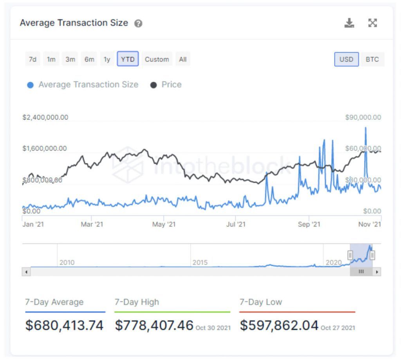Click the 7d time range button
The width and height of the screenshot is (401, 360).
point(33,59)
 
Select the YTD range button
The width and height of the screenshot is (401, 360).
point(128,59)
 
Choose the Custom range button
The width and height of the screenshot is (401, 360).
point(157,59)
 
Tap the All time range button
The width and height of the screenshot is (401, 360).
point(182,59)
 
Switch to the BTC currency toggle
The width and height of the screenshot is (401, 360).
point(372,59)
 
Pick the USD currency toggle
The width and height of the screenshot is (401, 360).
point(346,59)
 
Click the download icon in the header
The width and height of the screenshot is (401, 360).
point(349,23)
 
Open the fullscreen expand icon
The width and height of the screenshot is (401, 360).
point(372,23)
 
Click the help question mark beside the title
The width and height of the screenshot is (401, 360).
point(138,23)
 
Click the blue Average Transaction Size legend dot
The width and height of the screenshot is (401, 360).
point(30,85)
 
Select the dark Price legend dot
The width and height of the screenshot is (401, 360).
point(154,85)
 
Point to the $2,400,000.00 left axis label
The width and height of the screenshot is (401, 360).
point(45,117)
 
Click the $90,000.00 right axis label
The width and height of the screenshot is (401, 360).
point(363,117)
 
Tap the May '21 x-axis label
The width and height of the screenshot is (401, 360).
point(164,224)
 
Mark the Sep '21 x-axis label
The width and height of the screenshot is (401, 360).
point(309,224)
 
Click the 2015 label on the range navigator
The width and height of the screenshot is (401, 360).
point(200,263)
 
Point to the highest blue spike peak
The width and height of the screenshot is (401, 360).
point(366,128)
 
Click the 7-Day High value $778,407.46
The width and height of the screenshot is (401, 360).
point(154,325)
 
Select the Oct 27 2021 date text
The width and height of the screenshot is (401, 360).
point(338,328)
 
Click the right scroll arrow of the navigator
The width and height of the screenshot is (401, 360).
point(377,272)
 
